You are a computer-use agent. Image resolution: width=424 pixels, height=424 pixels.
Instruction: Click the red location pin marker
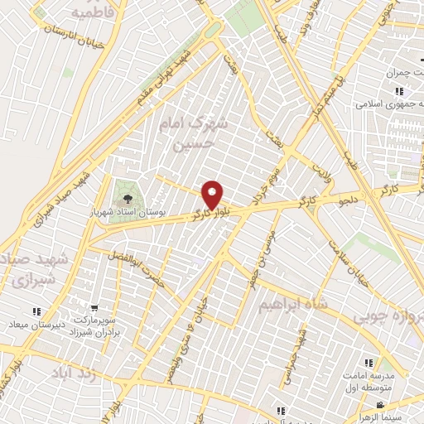214,195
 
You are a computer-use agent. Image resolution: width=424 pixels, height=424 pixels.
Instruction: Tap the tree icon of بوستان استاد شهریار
127,199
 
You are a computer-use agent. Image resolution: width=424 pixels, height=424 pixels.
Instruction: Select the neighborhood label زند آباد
75,374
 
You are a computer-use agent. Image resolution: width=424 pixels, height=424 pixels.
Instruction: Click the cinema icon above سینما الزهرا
379,405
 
